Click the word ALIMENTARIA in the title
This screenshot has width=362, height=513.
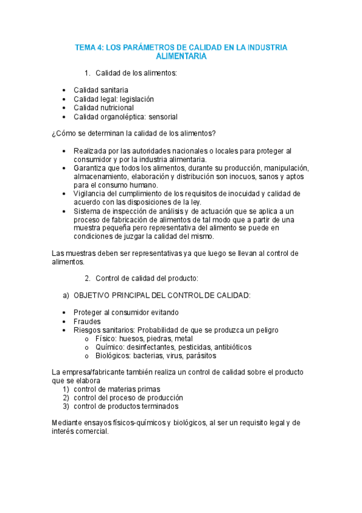pyautogui.click(x=181, y=56)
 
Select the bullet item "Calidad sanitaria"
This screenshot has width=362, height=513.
pyautogui.click(x=101, y=90)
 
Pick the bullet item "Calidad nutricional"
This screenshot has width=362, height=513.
pyautogui.click(x=103, y=108)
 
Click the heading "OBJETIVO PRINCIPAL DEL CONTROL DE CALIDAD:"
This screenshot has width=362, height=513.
pyautogui.click(x=162, y=295)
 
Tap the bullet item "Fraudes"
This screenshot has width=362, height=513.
pyautogui.click(x=87, y=321)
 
